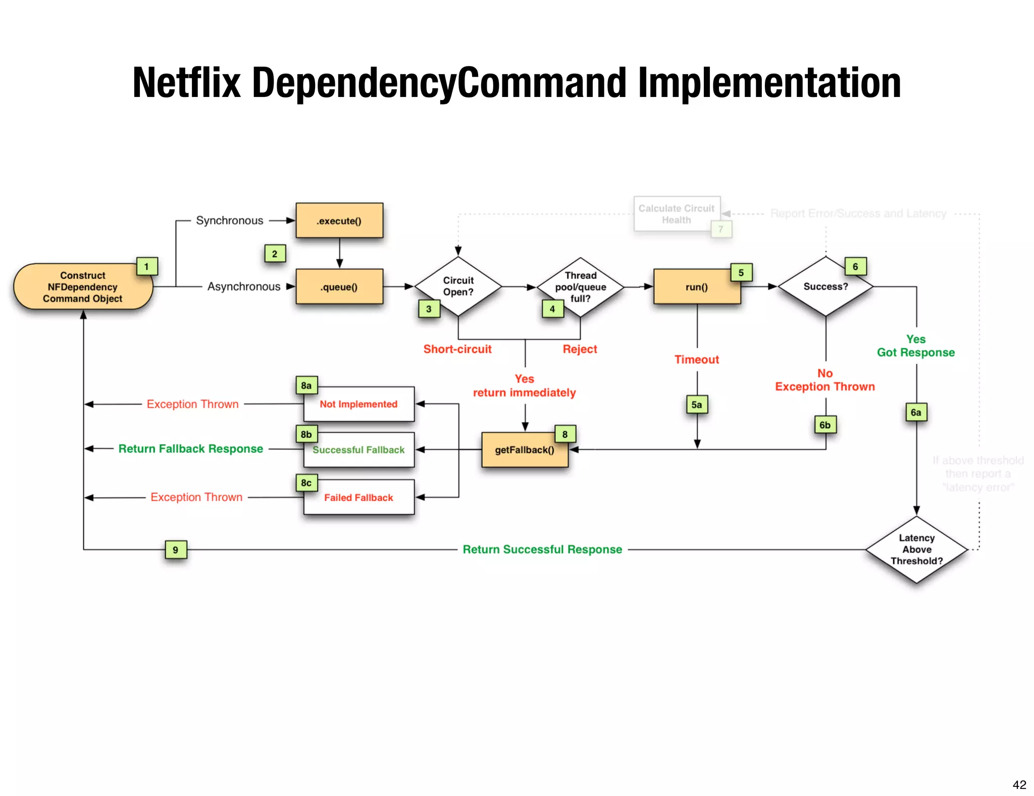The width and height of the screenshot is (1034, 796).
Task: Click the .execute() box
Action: [339, 221]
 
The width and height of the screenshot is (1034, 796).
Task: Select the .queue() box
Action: [339, 287]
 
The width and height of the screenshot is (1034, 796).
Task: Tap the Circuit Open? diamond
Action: [458, 286]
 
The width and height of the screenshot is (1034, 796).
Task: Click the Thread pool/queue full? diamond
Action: [581, 287]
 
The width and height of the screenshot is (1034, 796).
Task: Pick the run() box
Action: [697, 287]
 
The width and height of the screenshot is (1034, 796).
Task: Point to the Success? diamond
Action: [825, 286]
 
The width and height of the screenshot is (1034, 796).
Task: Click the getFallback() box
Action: [525, 450]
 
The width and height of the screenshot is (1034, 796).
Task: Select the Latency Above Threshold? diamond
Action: [916, 550]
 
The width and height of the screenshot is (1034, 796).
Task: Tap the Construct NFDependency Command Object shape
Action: [83, 287]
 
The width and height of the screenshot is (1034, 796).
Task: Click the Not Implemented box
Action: [358, 404]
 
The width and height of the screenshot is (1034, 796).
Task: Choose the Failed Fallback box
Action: [358, 497]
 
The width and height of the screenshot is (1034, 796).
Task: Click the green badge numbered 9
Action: [176, 550]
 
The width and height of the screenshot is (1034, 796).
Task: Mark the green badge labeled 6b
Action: [825, 425]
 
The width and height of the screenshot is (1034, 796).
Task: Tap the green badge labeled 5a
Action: [697, 405]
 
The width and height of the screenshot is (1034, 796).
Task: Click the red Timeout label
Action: [697, 360]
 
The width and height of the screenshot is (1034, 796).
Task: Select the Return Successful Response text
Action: [542, 550]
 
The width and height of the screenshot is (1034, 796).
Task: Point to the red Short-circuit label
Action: [457, 349]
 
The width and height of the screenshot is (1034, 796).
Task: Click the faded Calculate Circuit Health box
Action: [677, 214]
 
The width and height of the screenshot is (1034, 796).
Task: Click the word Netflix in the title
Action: [186, 83]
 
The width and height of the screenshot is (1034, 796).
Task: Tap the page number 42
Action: [1019, 784]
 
